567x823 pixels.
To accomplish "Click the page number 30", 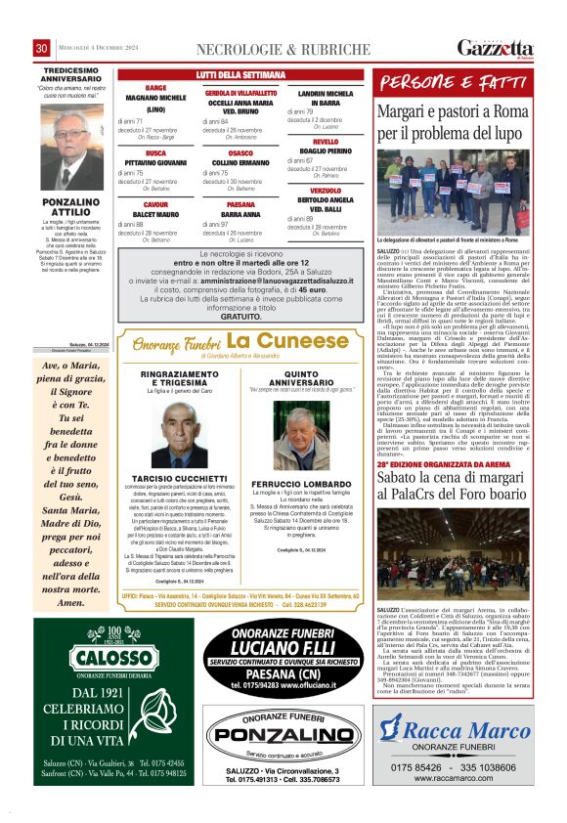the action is [x=42, y=48].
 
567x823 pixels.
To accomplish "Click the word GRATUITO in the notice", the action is [x=235, y=318].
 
